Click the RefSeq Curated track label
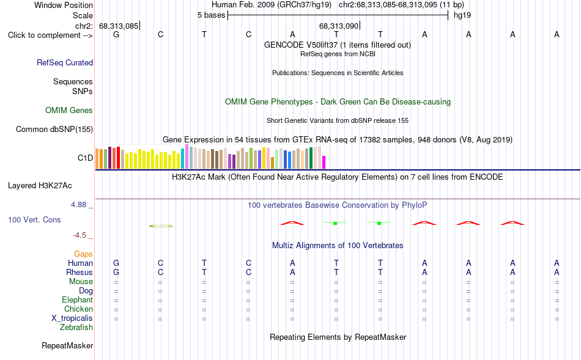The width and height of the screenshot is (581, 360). pos(65,62)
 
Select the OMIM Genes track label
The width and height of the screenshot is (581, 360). pos(69,111)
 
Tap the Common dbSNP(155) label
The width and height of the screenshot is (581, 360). pos(54,129)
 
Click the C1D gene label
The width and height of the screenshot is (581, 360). pos(85,158)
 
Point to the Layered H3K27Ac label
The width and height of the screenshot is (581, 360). pos(40,186)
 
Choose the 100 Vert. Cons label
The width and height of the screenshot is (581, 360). pos(34,219)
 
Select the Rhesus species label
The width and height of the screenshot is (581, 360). pos(80,272)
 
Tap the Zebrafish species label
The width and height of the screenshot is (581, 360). pos(76,328)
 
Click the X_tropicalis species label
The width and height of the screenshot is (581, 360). pos(72,318)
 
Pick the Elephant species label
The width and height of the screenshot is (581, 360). pos(78,299)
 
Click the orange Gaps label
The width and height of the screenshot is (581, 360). pos(83,254)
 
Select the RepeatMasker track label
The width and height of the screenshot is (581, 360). pos(67,345)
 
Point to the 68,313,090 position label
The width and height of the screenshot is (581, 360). pos(339,26)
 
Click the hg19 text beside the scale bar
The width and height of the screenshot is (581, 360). pos(462,15)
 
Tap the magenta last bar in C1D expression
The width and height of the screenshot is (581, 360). pos(324,162)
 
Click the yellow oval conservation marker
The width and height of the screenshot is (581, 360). pos(161,226)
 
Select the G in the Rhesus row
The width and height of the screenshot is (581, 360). pos(116,272)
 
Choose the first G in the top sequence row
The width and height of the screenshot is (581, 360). pos(116,34)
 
